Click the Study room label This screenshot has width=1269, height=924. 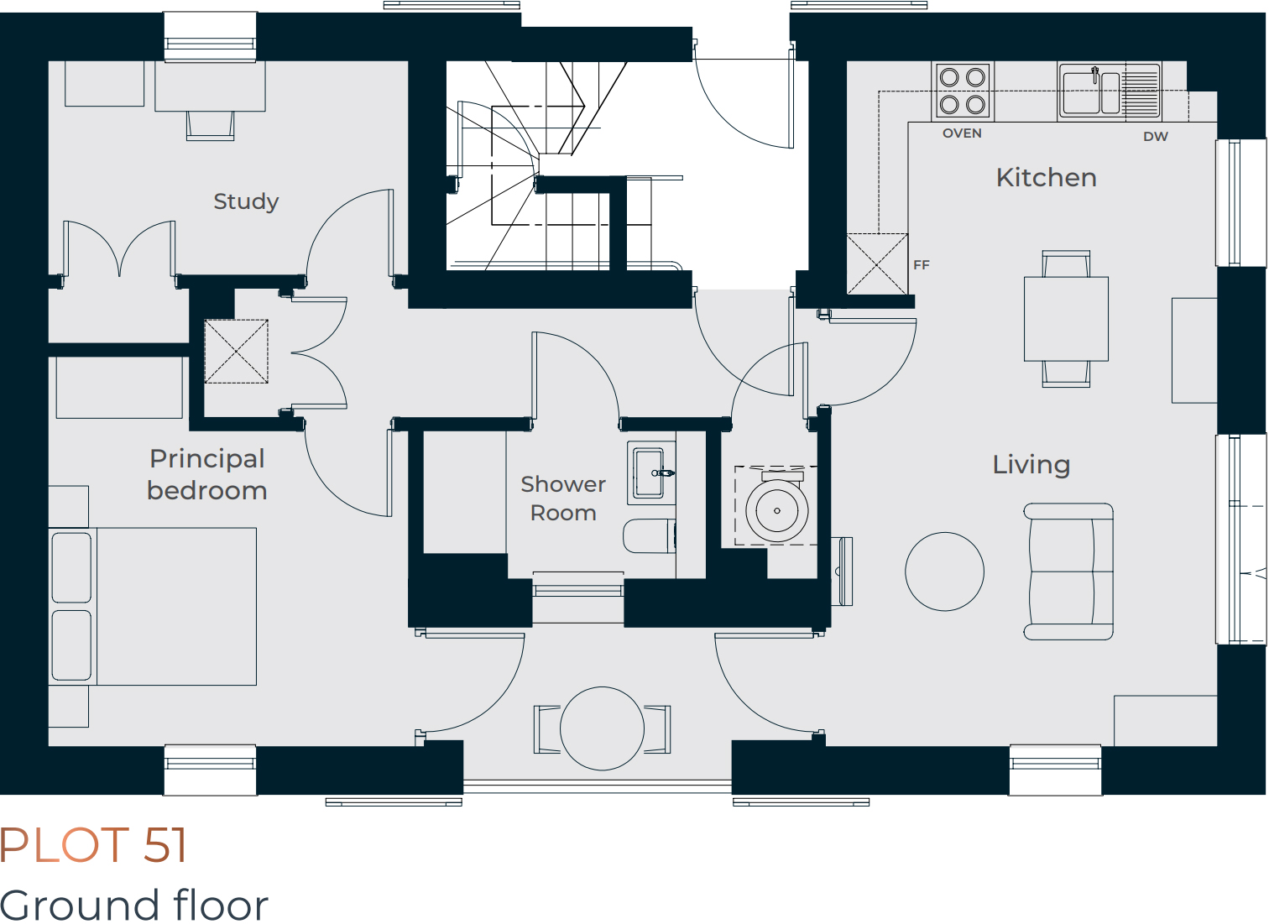[246, 201]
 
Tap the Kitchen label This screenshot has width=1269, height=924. [1047, 178]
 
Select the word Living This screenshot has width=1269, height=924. [1031, 465]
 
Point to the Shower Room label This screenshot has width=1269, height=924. [563, 499]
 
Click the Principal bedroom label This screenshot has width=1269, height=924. [206, 475]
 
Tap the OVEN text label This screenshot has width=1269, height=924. [962, 133]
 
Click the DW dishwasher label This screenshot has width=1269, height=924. [1156, 137]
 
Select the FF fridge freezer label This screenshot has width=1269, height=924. [922, 265]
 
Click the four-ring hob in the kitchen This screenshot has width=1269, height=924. [963, 91]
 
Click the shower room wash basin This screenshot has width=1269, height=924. [651, 473]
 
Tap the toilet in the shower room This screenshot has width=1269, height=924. [650, 536]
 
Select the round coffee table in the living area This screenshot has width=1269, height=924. [944, 572]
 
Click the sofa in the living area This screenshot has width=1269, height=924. [1068, 572]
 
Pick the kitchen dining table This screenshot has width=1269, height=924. [1066, 319]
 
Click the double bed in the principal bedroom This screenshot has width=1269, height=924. [153, 607]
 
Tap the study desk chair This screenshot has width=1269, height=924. [210, 126]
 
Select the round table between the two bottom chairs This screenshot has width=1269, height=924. [602, 728]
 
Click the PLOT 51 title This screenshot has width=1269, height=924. [93, 846]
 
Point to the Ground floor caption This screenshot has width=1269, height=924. [133, 905]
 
